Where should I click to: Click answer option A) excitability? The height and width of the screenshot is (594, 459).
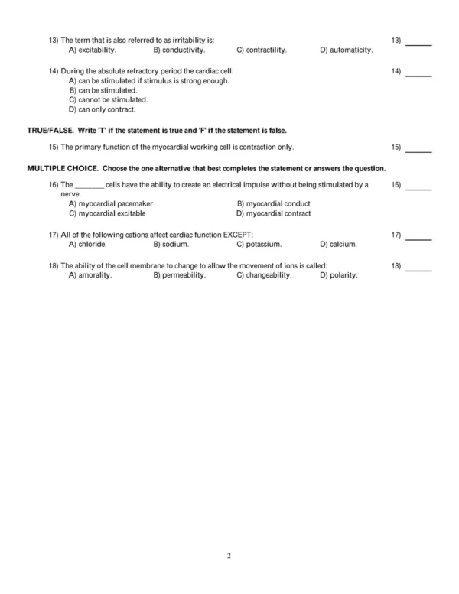(92, 50)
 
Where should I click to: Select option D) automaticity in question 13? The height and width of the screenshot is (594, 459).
(346, 50)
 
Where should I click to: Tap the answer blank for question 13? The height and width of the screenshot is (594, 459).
(418, 44)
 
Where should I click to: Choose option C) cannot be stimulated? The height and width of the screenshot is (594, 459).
(108, 100)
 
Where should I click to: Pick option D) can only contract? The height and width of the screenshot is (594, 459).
(102, 110)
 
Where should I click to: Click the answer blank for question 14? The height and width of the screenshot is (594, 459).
(418, 75)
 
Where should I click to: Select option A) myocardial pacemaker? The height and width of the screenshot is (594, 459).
(110, 204)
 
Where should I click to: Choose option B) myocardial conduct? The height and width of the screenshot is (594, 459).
(273, 204)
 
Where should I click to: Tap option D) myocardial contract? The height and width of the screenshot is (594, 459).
(273, 214)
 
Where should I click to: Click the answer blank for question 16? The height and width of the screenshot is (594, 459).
(418, 189)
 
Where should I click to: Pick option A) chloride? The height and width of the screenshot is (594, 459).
(87, 245)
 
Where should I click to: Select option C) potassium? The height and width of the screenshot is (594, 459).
(259, 245)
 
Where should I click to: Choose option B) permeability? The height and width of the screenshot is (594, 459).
(179, 275)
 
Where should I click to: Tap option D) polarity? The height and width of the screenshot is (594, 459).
(338, 275)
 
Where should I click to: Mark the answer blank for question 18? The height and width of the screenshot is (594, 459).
(418, 270)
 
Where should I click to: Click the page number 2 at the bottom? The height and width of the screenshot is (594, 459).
(229, 555)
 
